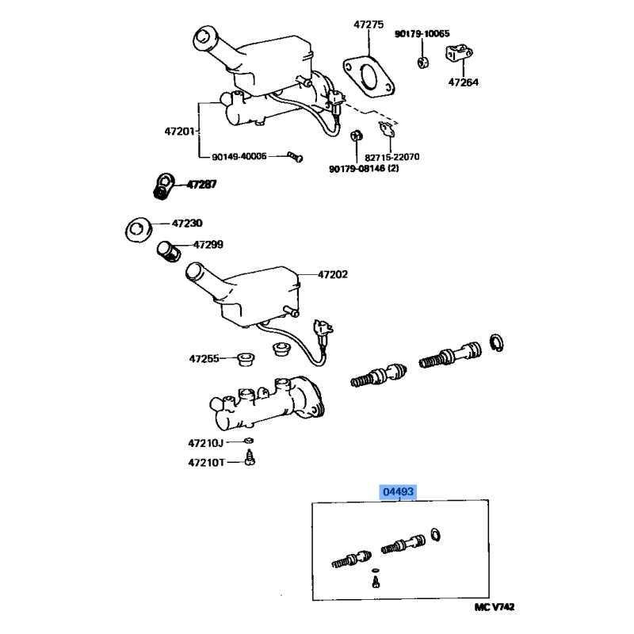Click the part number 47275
(x=369, y=25)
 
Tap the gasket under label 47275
(x=348, y=67)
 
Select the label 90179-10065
(x=422, y=33)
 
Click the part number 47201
(x=180, y=131)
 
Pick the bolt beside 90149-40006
(x=295, y=156)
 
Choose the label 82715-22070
(x=391, y=157)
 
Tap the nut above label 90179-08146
(x=356, y=136)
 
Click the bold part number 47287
(x=201, y=185)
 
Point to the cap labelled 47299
(x=169, y=251)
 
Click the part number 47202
(x=332, y=274)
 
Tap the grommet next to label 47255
(x=245, y=359)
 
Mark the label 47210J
(x=205, y=444)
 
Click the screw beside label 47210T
(x=250, y=458)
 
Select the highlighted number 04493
(x=399, y=491)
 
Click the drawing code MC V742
(x=494, y=607)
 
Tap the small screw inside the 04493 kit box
(x=376, y=582)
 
